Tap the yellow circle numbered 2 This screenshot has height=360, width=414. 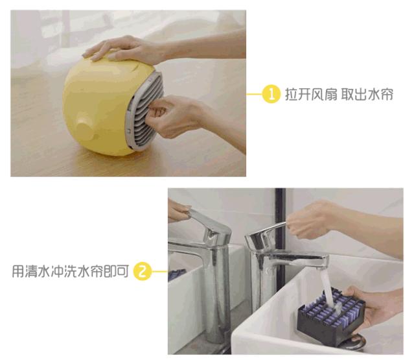142,270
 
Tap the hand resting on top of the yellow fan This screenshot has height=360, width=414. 126,49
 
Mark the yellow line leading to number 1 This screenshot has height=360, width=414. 253,95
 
